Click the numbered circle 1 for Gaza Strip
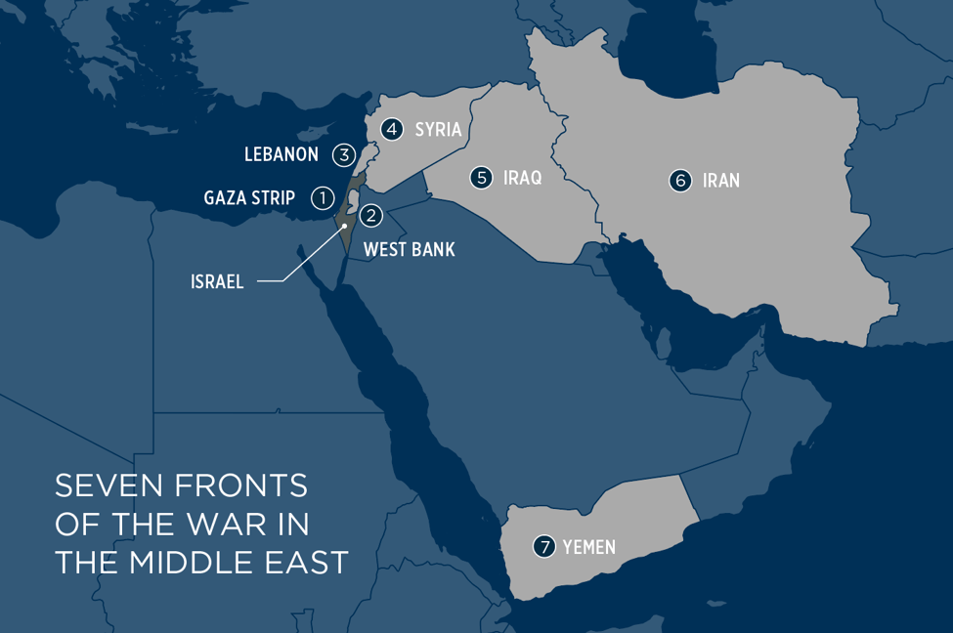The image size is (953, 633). [323, 198]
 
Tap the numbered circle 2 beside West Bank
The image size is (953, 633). [370, 216]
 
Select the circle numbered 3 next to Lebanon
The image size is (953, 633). [343, 154]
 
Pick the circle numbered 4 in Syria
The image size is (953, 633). [392, 129]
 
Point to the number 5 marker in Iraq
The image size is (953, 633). [481, 178]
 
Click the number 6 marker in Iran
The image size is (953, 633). [680, 181]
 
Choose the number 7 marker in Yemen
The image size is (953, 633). [543, 547]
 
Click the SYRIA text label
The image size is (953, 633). [438, 130]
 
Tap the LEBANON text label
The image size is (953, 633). [282, 155]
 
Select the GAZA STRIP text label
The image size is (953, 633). [249, 199]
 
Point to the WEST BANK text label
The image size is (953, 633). [409, 250]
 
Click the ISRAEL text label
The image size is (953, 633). [217, 282]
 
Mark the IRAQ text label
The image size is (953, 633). [522, 179]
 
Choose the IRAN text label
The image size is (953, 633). [720, 181]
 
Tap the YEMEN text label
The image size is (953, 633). [589, 548]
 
